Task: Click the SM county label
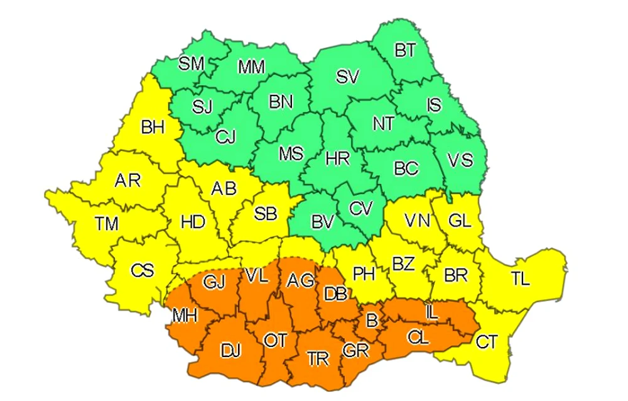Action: (192, 63)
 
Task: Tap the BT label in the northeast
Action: (405, 50)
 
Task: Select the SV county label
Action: (347, 77)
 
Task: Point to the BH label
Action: (153, 128)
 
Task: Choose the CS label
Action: (141, 271)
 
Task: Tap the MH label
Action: (184, 316)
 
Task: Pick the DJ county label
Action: (230, 351)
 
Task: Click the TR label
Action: (318, 358)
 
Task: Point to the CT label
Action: (487, 343)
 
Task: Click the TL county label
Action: (520, 280)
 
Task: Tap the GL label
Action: (460, 220)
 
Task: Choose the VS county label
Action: (460, 161)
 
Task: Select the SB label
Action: (266, 214)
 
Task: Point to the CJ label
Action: (225, 136)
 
